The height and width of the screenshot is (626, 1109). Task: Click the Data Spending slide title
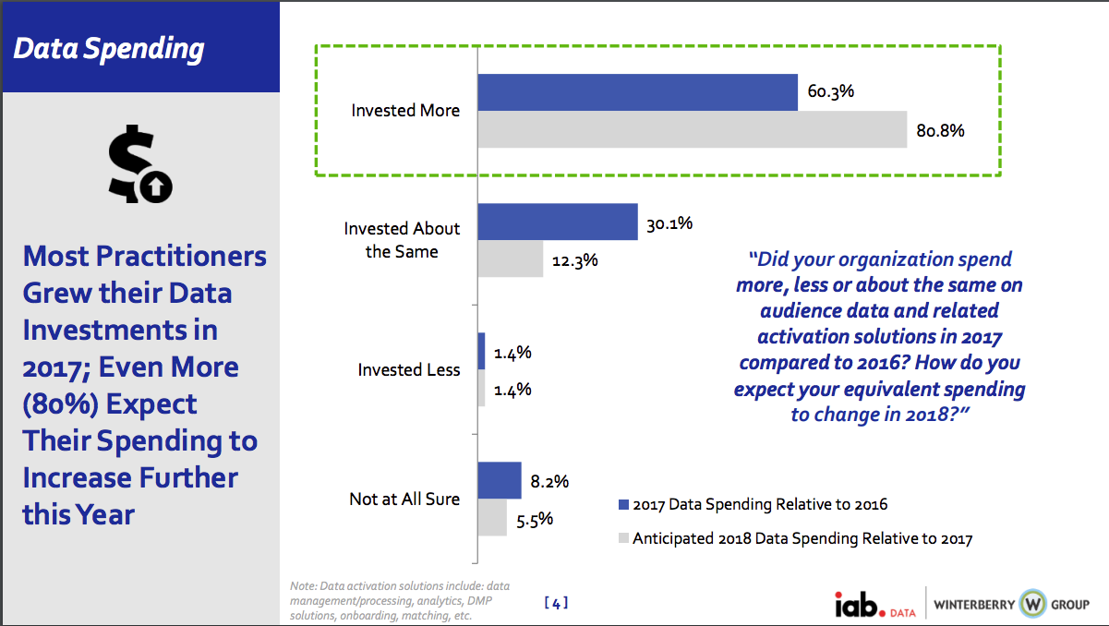(x=109, y=48)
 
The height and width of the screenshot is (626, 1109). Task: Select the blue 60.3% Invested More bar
(x=637, y=92)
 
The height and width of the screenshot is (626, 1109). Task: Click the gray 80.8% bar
(x=692, y=129)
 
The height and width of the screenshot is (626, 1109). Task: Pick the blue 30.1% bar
(x=558, y=223)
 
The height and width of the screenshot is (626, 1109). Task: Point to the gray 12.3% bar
(x=511, y=259)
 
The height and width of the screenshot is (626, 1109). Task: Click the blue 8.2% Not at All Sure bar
(x=500, y=480)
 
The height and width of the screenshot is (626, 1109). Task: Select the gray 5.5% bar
(x=492, y=517)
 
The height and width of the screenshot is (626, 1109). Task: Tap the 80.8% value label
(x=940, y=130)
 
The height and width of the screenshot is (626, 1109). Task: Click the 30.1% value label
(x=669, y=223)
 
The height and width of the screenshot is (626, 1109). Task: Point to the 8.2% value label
(x=549, y=481)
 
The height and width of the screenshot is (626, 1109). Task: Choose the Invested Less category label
(x=409, y=370)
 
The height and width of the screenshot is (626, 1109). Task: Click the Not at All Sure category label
(x=404, y=500)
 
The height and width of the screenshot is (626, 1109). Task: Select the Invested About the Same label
(x=402, y=239)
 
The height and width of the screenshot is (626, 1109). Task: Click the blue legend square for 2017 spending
(x=623, y=504)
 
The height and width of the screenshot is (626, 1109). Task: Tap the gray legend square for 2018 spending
(x=623, y=537)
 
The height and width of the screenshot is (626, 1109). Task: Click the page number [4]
(x=556, y=603)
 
